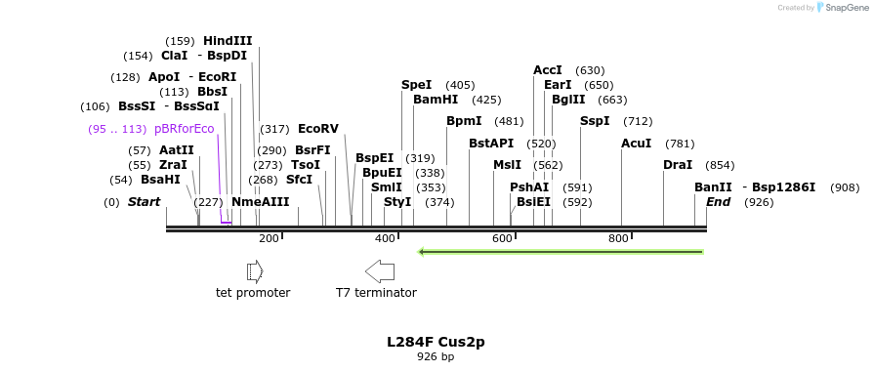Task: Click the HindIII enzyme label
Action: (228, 41)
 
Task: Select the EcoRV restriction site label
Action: (317, 129)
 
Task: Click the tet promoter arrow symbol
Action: (255, 270)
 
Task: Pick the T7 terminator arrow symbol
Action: (379, 270)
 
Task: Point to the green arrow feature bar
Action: (561, 252)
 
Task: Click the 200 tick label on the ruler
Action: (269, 239)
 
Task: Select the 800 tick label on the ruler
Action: (618, 239)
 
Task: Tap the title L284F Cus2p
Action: (436, 342)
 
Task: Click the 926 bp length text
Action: (436, 357)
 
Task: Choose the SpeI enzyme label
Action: (416, 85)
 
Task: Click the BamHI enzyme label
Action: (436, 100)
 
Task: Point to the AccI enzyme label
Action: (548, 70)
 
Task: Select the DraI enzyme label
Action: (678, 165)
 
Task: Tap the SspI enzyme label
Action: (595, 121)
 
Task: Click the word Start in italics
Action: (144, 202)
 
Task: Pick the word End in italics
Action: (718, 202)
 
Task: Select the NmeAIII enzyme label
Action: (261, 202)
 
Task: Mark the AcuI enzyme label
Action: (637, 144)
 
